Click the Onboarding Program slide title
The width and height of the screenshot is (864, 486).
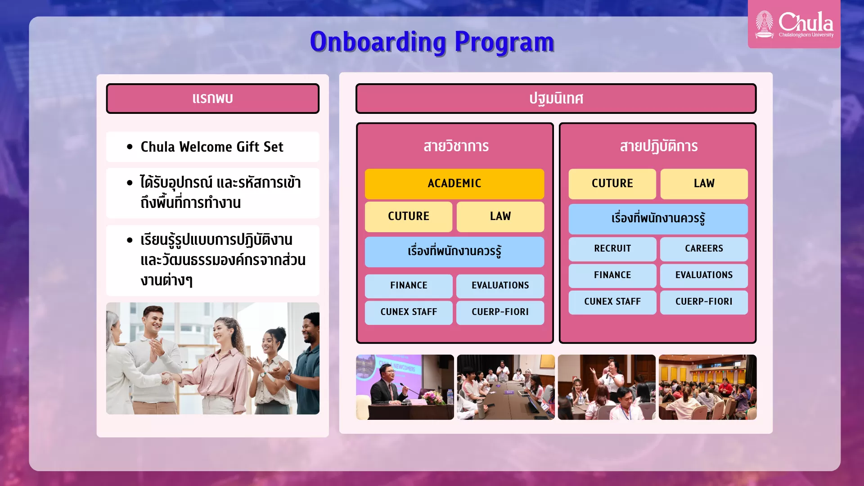tap(432, 42)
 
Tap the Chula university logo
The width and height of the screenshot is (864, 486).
tap(794, 24)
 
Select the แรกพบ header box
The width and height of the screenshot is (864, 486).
tap(212, 98)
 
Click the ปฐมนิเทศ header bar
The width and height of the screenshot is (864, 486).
tap(556, 98)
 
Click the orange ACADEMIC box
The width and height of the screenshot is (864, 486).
tap(454, 184)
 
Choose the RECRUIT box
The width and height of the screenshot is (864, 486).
tap(612, 249)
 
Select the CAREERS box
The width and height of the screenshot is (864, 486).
tap(704, 249)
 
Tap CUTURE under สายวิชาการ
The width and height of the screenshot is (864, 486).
tap(409, 216)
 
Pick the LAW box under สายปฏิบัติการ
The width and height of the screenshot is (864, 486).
tap(704, 184)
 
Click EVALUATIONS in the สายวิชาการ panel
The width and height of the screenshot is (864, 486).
tap(500, 286)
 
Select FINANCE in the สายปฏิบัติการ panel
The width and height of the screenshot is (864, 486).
tap(612, 275)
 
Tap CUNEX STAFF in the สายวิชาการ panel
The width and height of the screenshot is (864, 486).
tap(409, 312)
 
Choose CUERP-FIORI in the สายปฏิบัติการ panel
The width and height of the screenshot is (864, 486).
tap(704, 302)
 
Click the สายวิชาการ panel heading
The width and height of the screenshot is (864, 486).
tap(456, 146)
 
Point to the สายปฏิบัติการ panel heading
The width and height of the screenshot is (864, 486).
tap(658, 146)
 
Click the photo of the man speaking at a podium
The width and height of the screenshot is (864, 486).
tap(405, 387)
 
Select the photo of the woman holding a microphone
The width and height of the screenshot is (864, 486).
tap(607, 387)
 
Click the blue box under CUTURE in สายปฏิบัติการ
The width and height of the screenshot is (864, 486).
tap(658, 219)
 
